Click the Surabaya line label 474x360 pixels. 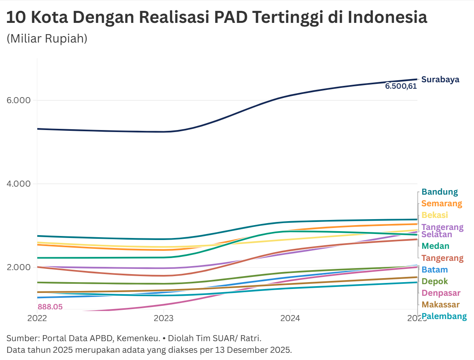pos(440,79)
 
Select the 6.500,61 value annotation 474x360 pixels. pos(401,86)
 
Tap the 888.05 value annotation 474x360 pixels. pos(50,307)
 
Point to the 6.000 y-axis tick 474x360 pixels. pos(19,100)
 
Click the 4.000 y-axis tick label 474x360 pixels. pos(19,184)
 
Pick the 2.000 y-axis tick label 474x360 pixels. pos(19,267)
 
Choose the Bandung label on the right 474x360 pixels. pos(439,192)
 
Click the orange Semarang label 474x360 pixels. pos(441,203)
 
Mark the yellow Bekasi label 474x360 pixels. pos(435,215)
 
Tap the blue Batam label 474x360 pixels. pos(434,270)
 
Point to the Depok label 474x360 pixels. pos(435,281)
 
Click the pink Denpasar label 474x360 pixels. pos(441,293)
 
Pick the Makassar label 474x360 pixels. pos(440,305)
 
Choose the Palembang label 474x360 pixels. pos(444,316)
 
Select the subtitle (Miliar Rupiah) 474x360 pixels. pos(47,39)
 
